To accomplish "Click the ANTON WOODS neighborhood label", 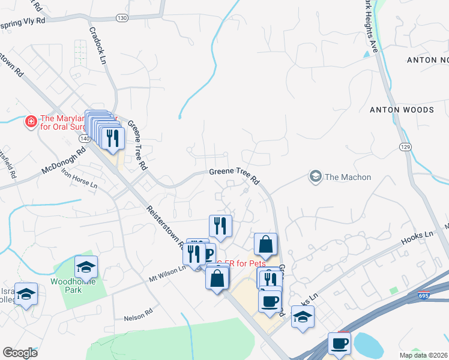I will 402,110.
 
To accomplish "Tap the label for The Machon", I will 348,177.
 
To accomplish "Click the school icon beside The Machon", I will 315,176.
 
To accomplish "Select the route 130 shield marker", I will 122,18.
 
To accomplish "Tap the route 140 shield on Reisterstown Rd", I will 83,139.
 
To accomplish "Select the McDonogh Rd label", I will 64,163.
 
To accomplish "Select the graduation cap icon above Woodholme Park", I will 86,266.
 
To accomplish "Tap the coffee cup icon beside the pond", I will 340,344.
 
